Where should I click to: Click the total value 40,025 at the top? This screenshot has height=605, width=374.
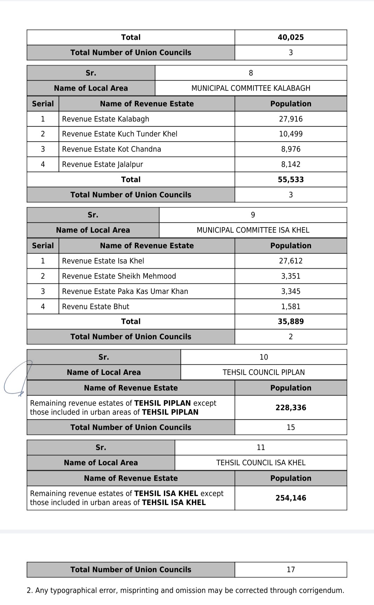tap(291, 37)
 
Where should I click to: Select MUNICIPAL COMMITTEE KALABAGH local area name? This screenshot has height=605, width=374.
tap(251, 88)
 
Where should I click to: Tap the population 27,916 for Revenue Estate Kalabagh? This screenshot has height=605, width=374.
tap(291, 119)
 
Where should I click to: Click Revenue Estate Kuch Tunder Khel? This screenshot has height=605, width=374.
tap(119, 134)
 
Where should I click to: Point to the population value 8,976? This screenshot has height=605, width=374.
tap(291, 149)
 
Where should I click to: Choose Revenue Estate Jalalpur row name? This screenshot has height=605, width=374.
tap(103, 164)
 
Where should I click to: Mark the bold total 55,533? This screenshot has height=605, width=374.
tap(291, 180)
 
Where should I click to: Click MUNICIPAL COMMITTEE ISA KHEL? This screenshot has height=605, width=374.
tap(253, 230)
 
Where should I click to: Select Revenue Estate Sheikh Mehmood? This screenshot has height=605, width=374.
tap(119, 276)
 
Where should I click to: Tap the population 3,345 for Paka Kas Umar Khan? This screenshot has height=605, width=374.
tap(291, 291)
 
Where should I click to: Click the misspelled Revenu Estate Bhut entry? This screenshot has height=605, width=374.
tap(96, 307)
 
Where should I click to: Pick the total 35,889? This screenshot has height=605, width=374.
tap(291, 322)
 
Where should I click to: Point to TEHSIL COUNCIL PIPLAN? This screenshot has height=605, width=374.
tap(264, 372)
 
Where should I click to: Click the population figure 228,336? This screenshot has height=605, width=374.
tap(291, 408)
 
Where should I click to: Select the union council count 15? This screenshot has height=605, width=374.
tap(291, 427)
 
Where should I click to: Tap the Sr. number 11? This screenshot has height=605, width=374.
tap(261, 448)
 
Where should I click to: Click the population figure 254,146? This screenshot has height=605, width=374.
tap(291, 498)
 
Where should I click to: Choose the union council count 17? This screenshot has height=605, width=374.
tap(291, 570)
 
